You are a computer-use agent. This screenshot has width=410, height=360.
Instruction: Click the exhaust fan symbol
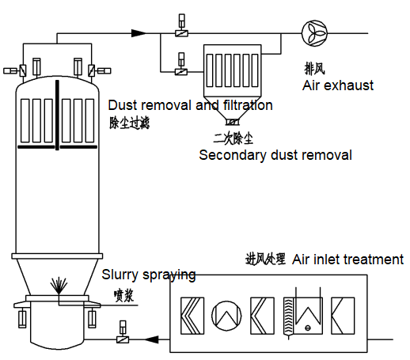[313, 32]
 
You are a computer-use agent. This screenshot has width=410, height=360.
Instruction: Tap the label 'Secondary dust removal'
[275, 155]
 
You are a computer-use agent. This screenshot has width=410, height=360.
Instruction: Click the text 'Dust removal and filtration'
[190, 105]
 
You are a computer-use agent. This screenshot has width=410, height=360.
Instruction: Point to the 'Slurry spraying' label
[149, 275]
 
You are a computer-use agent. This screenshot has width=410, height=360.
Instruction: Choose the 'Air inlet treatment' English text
[347, 260]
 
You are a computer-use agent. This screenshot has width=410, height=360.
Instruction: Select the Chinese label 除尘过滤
[129, 123]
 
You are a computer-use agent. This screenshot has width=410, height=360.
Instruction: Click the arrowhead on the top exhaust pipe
[139, 32]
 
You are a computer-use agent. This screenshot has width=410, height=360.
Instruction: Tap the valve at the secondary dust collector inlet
[180, 72]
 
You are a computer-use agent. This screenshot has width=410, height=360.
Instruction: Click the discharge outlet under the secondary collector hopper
[231, 122]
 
